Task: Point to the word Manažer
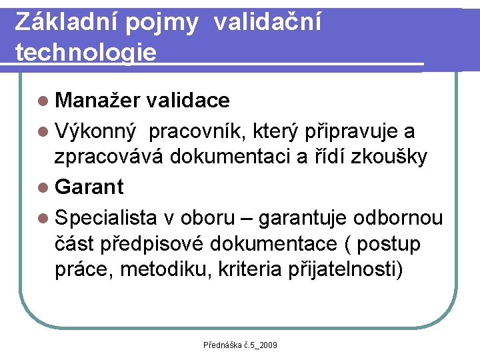(x=97, y=100)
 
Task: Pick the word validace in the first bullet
(x=188, y=100)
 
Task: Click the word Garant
(x=90, y=187)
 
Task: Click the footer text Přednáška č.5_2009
(x=240, y=345)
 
